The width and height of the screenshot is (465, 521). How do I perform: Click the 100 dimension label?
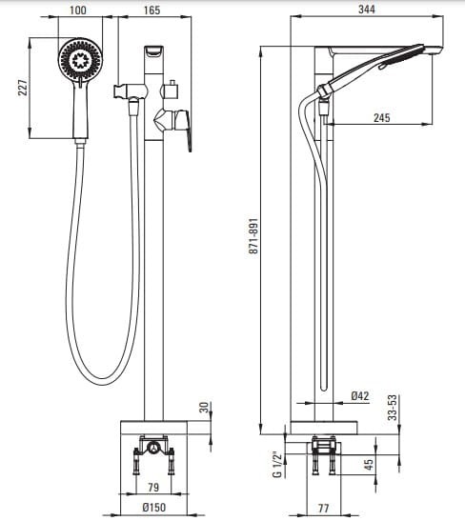[78, 10]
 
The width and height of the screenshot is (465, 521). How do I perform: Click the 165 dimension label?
[152, 10]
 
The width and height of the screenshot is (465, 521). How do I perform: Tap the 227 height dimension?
[23, 88]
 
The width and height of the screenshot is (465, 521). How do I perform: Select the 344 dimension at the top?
[367, 10]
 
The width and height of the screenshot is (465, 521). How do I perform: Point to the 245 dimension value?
[382, 117]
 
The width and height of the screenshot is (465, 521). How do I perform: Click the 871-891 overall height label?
[253, 236]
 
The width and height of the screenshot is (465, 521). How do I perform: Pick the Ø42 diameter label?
[360, 395]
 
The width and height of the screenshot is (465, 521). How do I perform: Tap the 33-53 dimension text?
[393, 408]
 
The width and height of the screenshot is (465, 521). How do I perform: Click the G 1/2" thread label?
[277, 464]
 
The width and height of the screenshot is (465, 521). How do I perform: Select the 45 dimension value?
[369, 464]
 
